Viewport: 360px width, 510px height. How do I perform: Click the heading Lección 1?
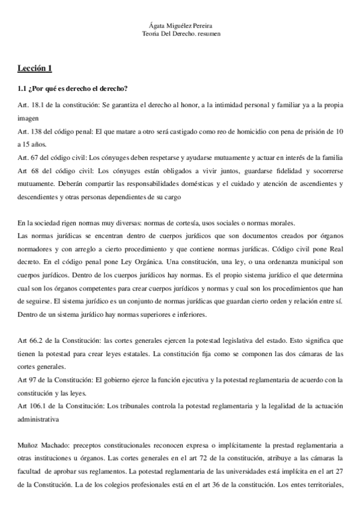pos(37,67)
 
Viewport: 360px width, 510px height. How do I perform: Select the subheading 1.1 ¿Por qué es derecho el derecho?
pos(72,90)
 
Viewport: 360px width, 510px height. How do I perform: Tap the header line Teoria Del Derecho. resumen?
pos(180,35)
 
